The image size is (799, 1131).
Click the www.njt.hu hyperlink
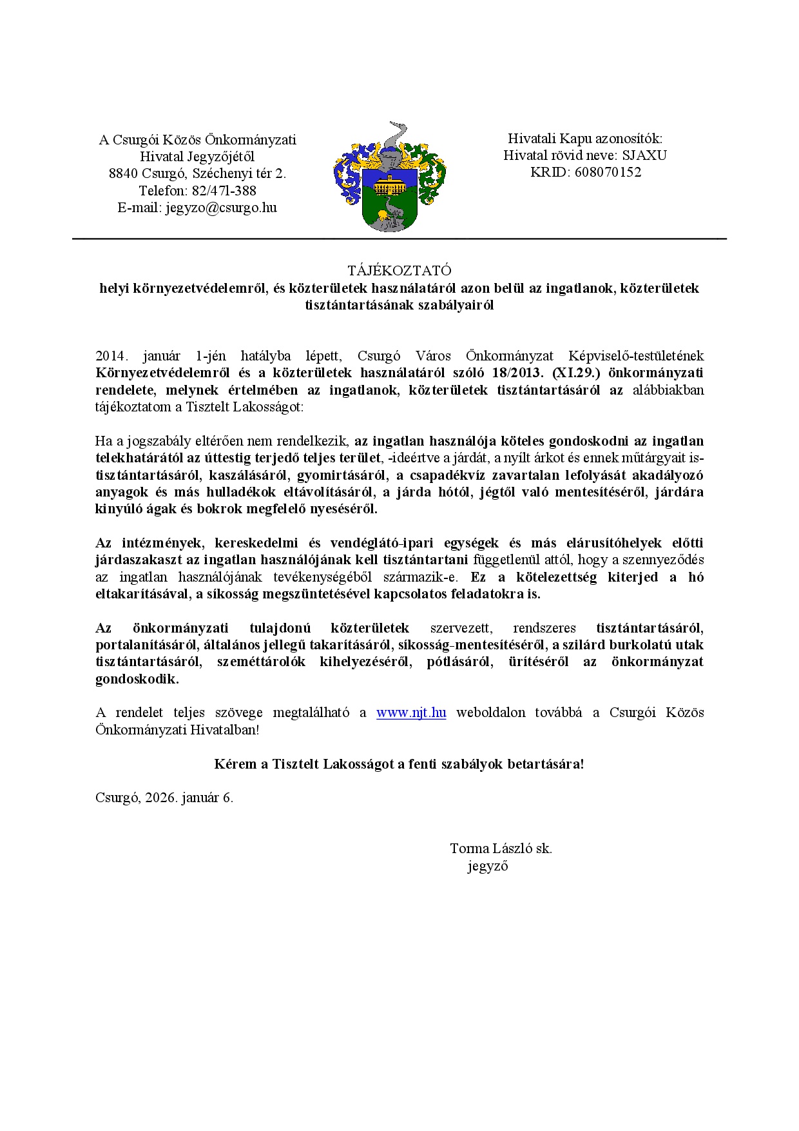coord(411,713)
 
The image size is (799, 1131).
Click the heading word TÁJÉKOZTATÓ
coord(399,270)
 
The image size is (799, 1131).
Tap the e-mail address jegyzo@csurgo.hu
coord(221,208)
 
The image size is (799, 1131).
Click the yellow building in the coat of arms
coord(389,185)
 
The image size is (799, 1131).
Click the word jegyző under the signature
coord(488,866)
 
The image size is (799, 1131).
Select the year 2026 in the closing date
coord(160,798)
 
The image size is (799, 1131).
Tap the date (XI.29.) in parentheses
coord(572,373)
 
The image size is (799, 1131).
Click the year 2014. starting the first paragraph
coord(112,356)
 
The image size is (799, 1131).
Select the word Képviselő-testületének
coord(635,356)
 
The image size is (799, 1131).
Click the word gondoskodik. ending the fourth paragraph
coord(137,679)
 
